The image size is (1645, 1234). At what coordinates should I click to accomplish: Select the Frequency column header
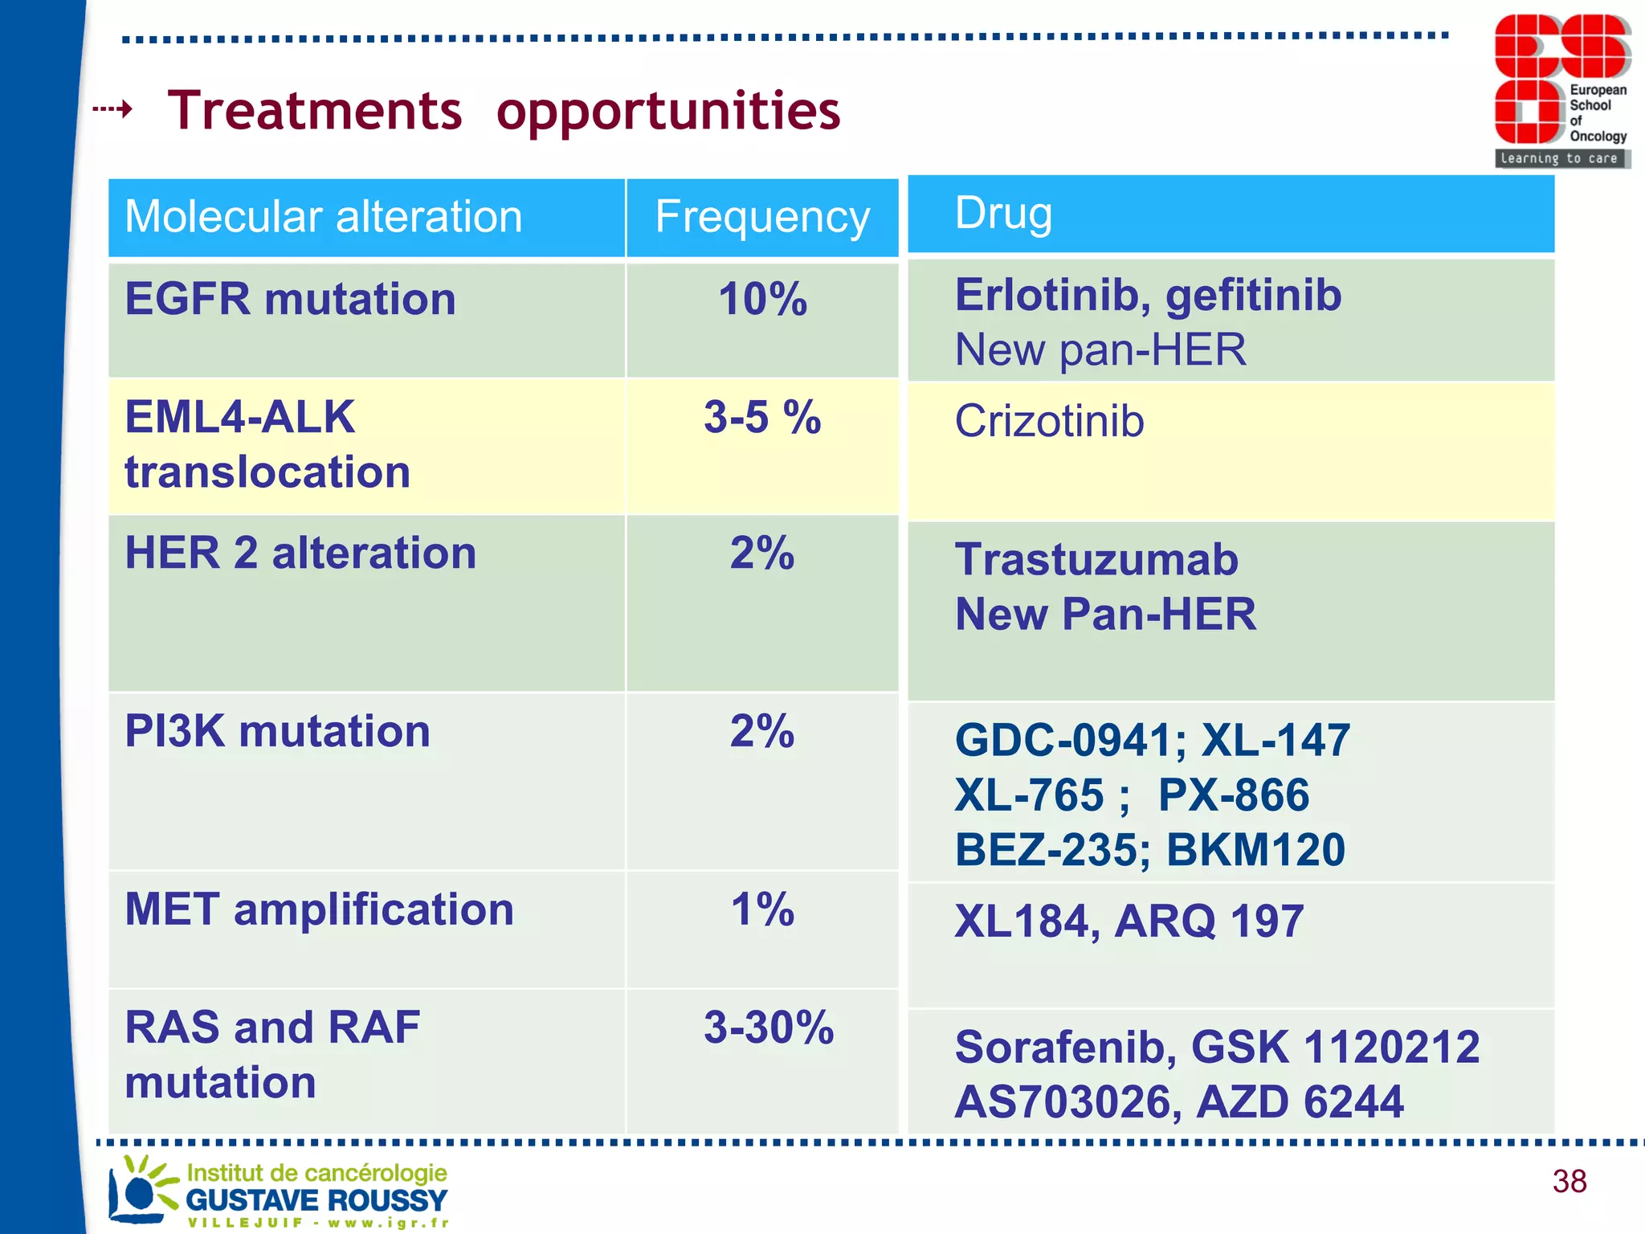761,217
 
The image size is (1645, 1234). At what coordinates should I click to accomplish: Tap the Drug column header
1003,213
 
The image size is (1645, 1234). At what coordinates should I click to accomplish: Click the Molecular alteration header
324,217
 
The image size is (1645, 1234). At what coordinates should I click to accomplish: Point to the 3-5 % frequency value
761,418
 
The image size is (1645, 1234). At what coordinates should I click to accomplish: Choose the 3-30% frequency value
769,1028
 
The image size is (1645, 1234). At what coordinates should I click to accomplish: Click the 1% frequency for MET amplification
761,909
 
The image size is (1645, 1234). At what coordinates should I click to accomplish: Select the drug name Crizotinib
1049,421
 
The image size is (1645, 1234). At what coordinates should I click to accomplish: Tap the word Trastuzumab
1096,559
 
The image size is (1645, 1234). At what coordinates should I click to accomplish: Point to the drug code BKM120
1255,850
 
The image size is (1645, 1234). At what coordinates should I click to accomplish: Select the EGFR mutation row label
290,299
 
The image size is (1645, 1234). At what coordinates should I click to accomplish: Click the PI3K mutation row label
277,731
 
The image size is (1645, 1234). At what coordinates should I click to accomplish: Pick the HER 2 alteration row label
300,553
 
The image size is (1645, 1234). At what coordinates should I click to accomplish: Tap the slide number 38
1569,1181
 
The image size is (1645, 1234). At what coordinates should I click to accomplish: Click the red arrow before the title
112,108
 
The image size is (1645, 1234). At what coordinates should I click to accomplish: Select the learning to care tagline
1559,158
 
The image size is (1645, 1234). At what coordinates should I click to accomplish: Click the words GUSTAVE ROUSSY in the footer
316,1200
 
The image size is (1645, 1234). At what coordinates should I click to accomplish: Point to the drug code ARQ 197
1209,921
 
